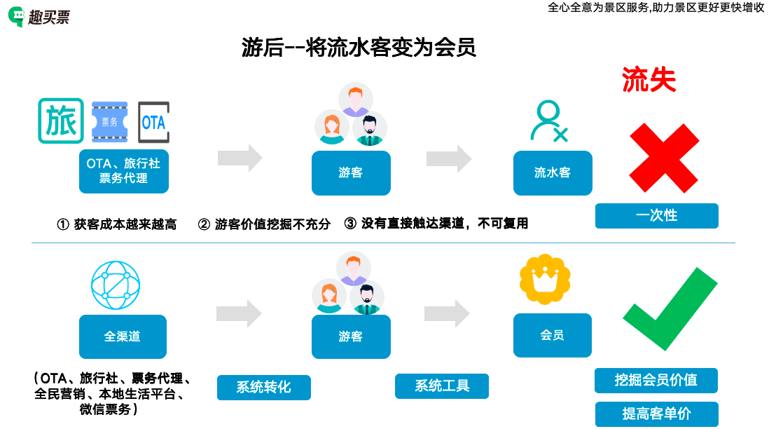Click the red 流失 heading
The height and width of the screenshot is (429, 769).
[649, 81]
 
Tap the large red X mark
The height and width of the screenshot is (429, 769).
[663, 158]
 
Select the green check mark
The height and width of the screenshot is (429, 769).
[670, 309]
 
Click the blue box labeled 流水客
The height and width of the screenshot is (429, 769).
[553, 172]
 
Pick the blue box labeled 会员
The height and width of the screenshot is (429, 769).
[552, 336]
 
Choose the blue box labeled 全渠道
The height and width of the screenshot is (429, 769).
[123, 336]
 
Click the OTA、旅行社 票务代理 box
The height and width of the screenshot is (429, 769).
[123, 171]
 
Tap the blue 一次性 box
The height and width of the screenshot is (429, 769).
[656, 215]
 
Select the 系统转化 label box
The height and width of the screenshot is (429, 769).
[263, 387]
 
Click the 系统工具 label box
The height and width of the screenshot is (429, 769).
[441, 386]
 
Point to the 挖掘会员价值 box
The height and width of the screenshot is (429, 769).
[656, 380]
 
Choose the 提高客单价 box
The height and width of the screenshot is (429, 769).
[656, 414]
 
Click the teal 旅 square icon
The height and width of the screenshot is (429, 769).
[61, 121]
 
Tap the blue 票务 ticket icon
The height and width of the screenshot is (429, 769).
[110, 122]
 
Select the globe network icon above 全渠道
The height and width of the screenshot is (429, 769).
[116, 285]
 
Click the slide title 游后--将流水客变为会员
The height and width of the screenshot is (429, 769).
[359, 47]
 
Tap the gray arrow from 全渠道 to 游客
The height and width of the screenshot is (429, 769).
[239, 313]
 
